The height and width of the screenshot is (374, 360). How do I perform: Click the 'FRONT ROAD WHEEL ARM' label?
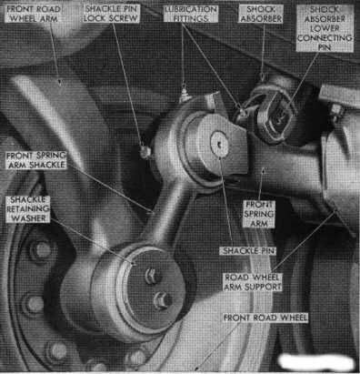pyautogui.click(x=33, y=14)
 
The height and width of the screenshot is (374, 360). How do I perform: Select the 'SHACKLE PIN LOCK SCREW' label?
pyautogui.click(x=111, y=14)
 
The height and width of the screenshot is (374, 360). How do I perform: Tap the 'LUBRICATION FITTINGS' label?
pyautogui.click(x=191, y=14)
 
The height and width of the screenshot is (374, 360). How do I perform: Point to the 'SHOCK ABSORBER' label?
pyautogui.click(x=261, y=14)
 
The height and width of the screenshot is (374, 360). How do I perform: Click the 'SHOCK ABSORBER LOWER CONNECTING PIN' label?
pyautogui.click(x=325, y=28)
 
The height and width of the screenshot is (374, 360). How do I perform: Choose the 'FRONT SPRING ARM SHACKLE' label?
pyautogui.click(x=35, y=160)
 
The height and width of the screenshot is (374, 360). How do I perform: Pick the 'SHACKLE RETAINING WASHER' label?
pyautogui.click(x=28, y=209)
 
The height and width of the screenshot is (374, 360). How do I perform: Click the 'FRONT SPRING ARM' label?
pyautogui.click(x=259, y=214)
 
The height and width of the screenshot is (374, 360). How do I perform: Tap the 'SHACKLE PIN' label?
pyautogui.click(x=248, y=251)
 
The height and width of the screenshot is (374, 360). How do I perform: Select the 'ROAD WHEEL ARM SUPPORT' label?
pyautogui.click(x=253, y=282)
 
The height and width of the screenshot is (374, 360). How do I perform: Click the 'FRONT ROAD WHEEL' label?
pyautogui.click(x=265, y=318)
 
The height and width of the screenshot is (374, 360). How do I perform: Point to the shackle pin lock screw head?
pyautogui.click(x=145, y=152)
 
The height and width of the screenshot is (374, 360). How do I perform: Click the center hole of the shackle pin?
pyautogui.click(x=218, y=146)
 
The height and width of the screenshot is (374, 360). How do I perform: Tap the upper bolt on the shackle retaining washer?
pyautogui.click(x=152, y=276)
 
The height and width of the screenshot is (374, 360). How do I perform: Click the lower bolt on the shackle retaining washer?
pyautogui.click(x=162, y=300)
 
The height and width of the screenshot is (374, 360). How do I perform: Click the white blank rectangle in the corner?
pyautogui.click(x=316, y=362)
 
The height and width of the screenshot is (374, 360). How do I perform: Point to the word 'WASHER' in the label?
pyautogui.click(x=28, y=218)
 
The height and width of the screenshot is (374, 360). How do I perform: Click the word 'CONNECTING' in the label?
pyautogui.click(x=325, y=38)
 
